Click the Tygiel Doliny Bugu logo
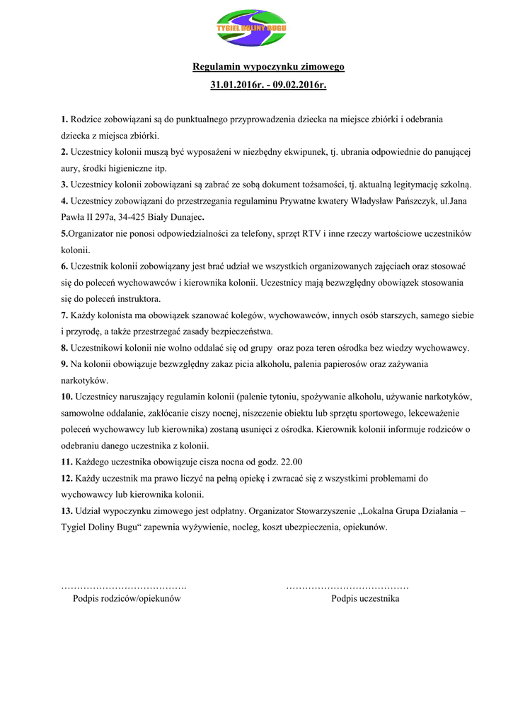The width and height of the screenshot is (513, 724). click(x=251, y=28)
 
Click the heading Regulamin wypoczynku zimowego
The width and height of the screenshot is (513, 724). click(x=269, y=67)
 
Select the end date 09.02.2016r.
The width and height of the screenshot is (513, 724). click(x=301, y=85)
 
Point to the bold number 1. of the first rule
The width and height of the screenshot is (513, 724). click(x=64, y=119)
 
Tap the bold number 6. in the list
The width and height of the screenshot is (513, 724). click(x=64, y=266)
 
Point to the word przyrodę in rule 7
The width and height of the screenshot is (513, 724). click(x=89, y=331)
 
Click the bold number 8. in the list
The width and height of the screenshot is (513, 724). click(x=64, y=347)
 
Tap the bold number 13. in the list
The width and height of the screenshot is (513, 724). click(x=67, y=510)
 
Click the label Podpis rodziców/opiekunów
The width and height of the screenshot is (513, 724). click(x=127, y=599)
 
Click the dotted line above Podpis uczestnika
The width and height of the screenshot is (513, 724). click(x=347, y=588)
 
